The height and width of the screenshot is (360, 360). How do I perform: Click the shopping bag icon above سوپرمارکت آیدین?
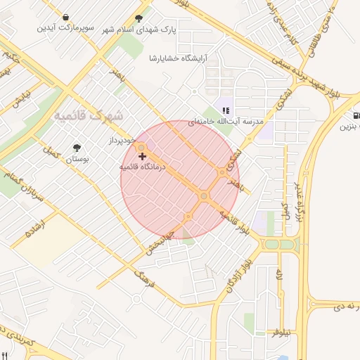(65, 17)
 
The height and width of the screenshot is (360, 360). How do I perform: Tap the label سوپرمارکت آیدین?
(66, 27)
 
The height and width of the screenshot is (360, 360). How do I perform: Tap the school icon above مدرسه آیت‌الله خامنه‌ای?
(226, 110)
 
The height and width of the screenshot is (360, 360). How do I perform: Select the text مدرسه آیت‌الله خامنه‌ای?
(230, 121)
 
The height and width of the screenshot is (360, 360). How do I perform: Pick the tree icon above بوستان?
(77, 148)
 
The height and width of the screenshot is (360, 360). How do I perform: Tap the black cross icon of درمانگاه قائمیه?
(143, 155)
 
